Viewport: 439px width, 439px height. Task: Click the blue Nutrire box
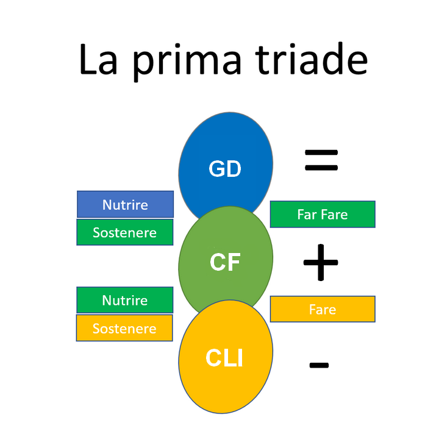point(125,204)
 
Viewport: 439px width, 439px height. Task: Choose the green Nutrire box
point(125,300)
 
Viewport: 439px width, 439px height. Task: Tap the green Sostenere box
point(125,232)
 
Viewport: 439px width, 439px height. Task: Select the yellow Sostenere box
point(124,328)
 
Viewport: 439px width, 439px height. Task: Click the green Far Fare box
point(323,214)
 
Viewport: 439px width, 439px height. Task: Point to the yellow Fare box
point(323,309)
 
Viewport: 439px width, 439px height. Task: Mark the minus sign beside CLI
point(319,365)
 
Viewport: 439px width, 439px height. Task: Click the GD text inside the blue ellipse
point(225,168)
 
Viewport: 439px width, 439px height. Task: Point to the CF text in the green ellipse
point(225,262)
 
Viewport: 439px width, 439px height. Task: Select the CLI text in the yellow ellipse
point(224,358)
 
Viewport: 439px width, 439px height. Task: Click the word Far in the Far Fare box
point(307,215)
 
